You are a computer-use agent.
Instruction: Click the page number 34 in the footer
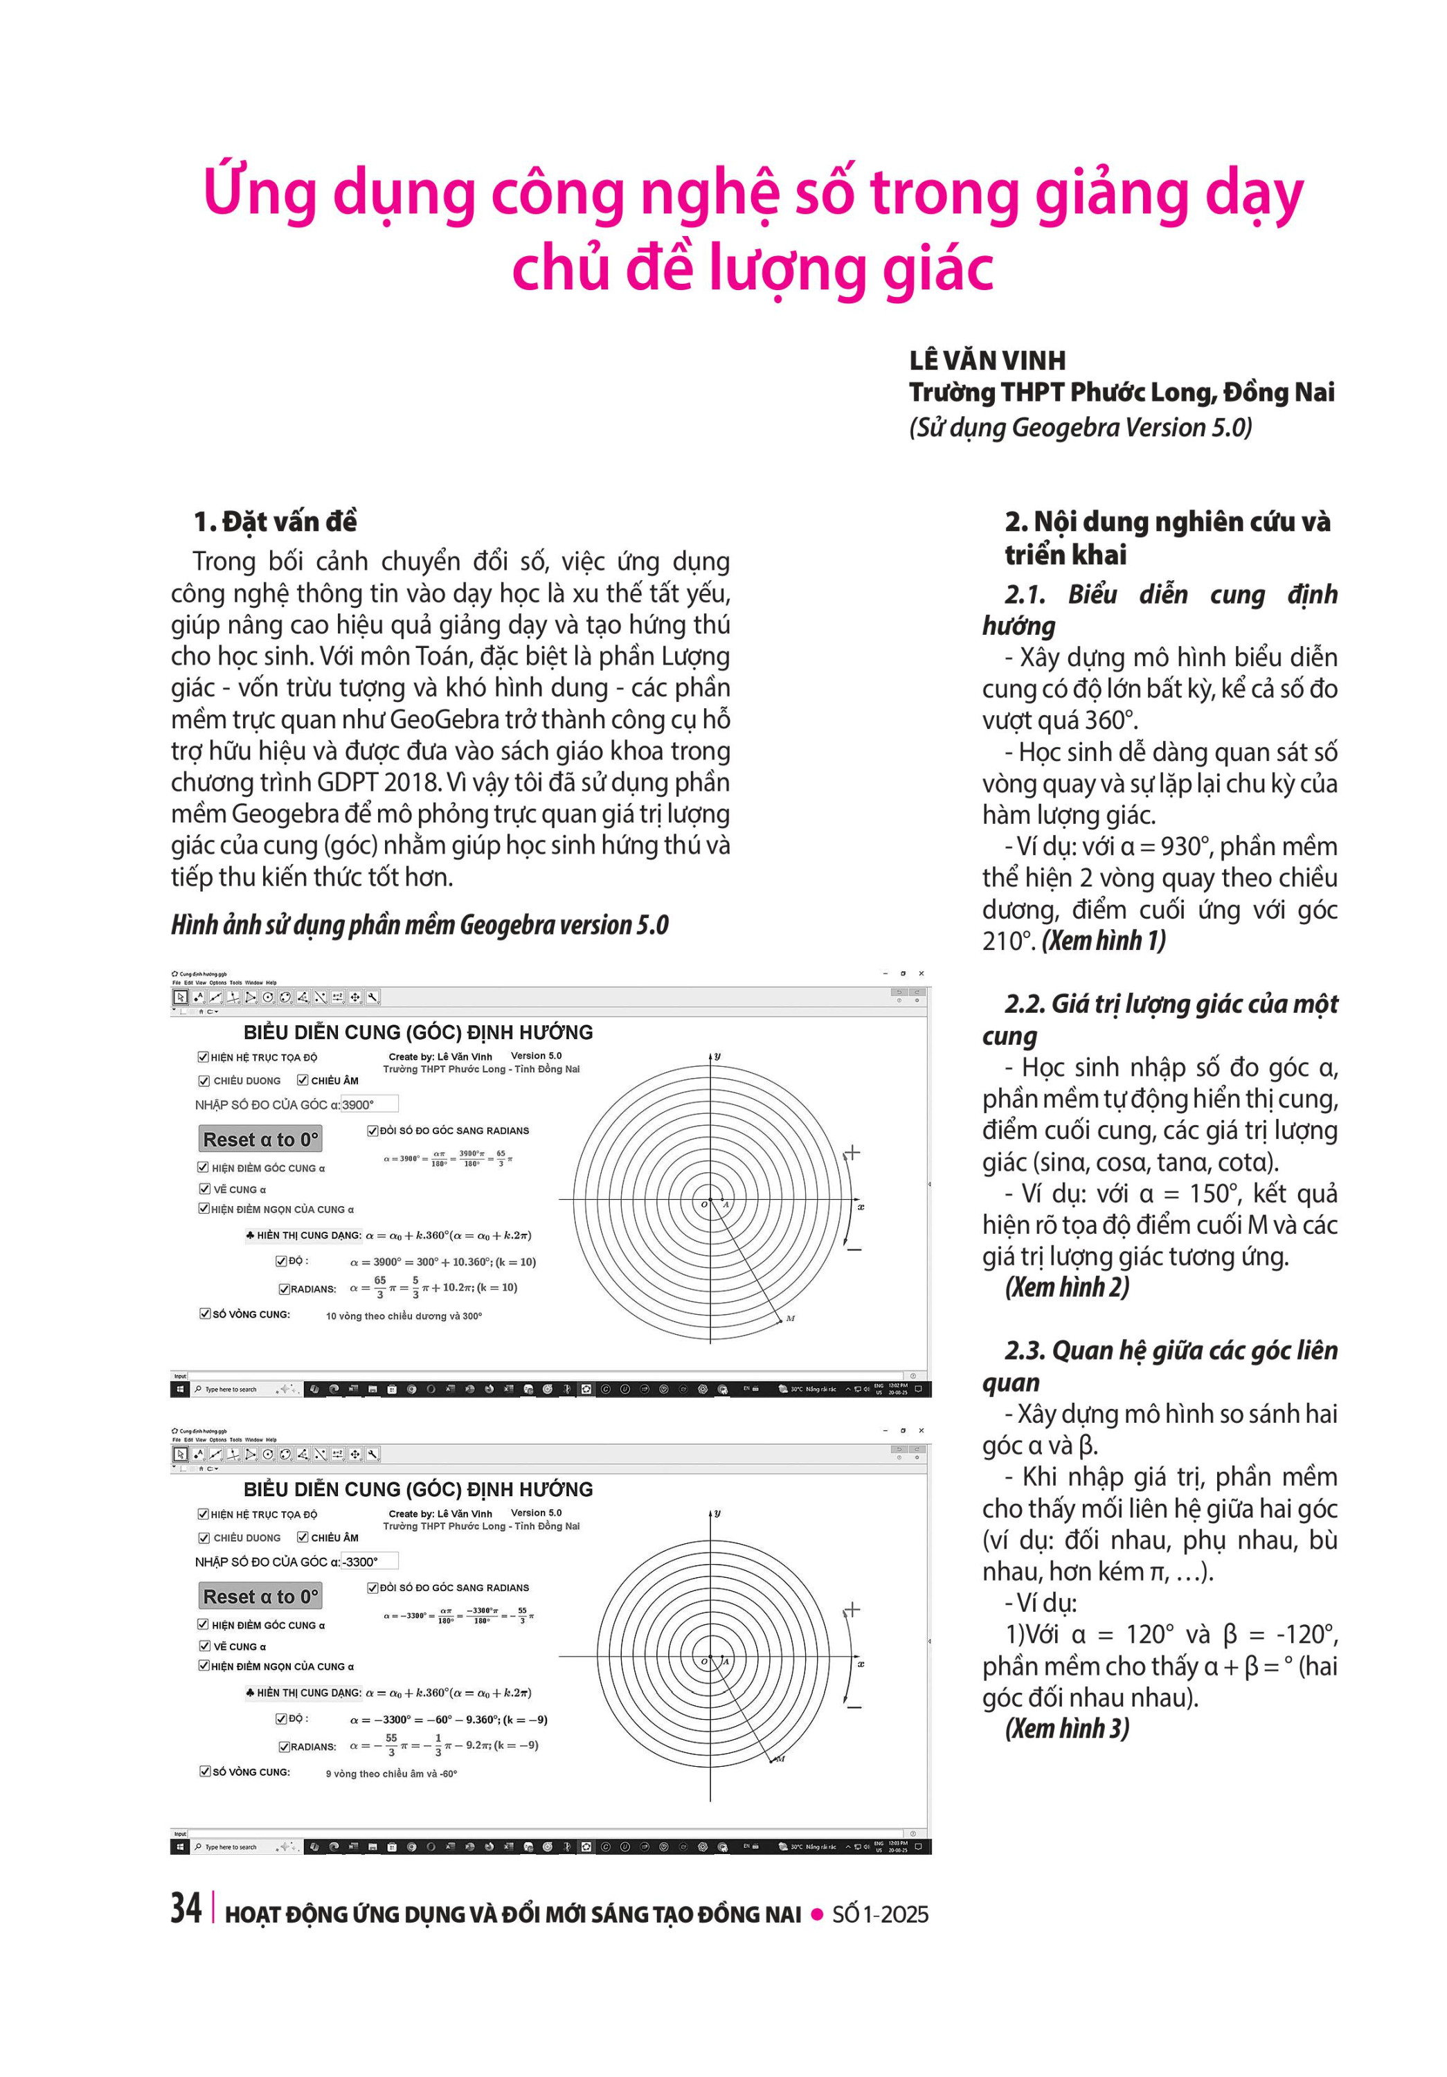pyautogui.click(x=186, y=1908)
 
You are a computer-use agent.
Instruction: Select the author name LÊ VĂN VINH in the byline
pyautogui.click(x=987, y=361)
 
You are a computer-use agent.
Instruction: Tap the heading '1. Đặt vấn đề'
pyautogui.click(x=275, y=522)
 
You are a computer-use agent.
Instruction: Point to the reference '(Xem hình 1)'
pyautogui.click(x=1104, y=941)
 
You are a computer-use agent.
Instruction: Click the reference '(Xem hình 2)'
pyautogui.click(x=1066, y=1286)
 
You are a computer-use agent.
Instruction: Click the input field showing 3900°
pyautogui.click(x=369, y=1104)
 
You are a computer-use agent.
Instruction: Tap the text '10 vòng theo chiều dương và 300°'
pyautogui.click(x=404, y=1316)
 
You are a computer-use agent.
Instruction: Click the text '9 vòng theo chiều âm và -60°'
pyautogui.click(x=392, y=1774)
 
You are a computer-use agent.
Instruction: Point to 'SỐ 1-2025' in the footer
pyautogui.click(x=880, y=1914)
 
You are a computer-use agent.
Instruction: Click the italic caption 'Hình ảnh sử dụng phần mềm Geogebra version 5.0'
pyautogui.click(x=420, y=924)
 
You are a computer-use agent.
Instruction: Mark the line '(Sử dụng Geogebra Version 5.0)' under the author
pyautogui.click(x=1080, y=427)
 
